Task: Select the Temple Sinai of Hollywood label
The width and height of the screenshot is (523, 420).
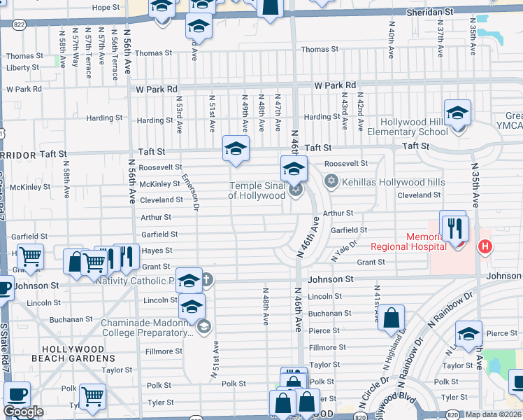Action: click(x=257, y=190)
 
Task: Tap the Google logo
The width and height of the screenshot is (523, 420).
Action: click(x=23, y=412)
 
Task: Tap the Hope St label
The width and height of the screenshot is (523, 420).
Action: click(x=106, y=7)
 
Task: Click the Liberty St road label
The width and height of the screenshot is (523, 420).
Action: click(x=22, y=68)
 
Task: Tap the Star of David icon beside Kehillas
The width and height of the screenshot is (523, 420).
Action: click(x=332, y=182)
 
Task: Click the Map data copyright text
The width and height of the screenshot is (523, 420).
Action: click(x=494, y=414)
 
